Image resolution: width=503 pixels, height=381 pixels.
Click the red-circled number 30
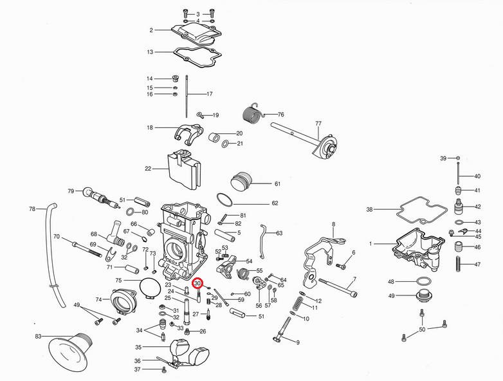[198, 283]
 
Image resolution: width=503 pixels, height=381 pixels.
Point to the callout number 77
[318, 123]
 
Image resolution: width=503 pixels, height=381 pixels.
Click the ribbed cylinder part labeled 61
[243, 181]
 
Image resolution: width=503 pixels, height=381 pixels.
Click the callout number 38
[369, 210]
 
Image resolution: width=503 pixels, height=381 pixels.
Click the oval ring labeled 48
[421, 281]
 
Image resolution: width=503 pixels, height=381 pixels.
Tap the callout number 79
[71, 190]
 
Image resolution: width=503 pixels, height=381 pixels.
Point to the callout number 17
[209, 94]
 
